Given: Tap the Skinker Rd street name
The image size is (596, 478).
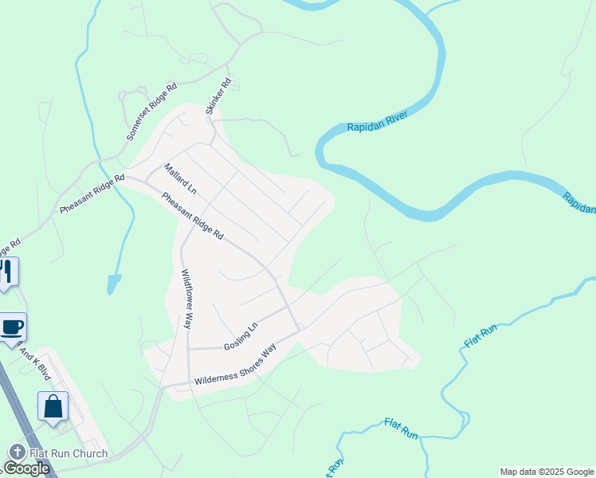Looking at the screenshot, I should click(x=218, y=96).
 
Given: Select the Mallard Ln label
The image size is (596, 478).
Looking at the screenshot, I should click(x=179, y=179).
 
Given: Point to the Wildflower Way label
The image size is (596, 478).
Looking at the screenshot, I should click(x=186, y=299).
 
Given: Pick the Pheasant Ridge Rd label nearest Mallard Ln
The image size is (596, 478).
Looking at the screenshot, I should click(x=193, y=217).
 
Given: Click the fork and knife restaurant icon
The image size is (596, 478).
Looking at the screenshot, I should click(x=6, y=272).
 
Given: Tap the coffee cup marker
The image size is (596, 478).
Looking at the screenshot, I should click(x=13, y=327).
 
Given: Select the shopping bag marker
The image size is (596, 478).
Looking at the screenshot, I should click(x=53, y=406).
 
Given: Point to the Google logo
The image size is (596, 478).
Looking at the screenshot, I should click(x=25, y=468).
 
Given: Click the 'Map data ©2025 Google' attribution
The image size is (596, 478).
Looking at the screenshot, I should click(x=547, y=472).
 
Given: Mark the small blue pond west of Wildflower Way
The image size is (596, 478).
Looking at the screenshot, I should click(x=114, y=284).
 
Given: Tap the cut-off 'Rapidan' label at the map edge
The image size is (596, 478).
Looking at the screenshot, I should click(x=579, y=202).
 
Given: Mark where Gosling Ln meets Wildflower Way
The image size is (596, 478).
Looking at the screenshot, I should click(x=188, y=349).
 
